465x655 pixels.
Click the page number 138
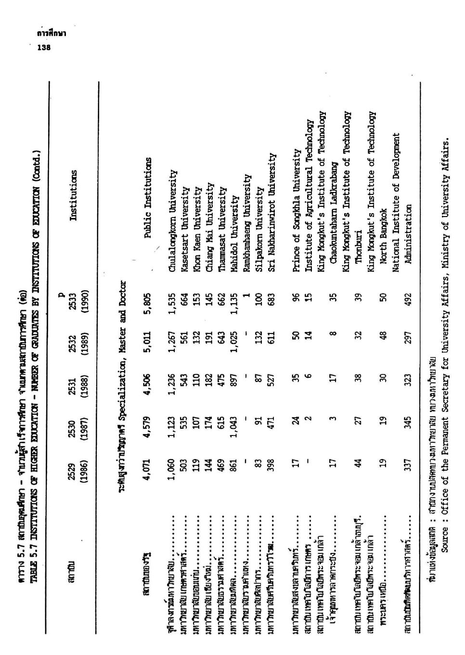tap(44, 47)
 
